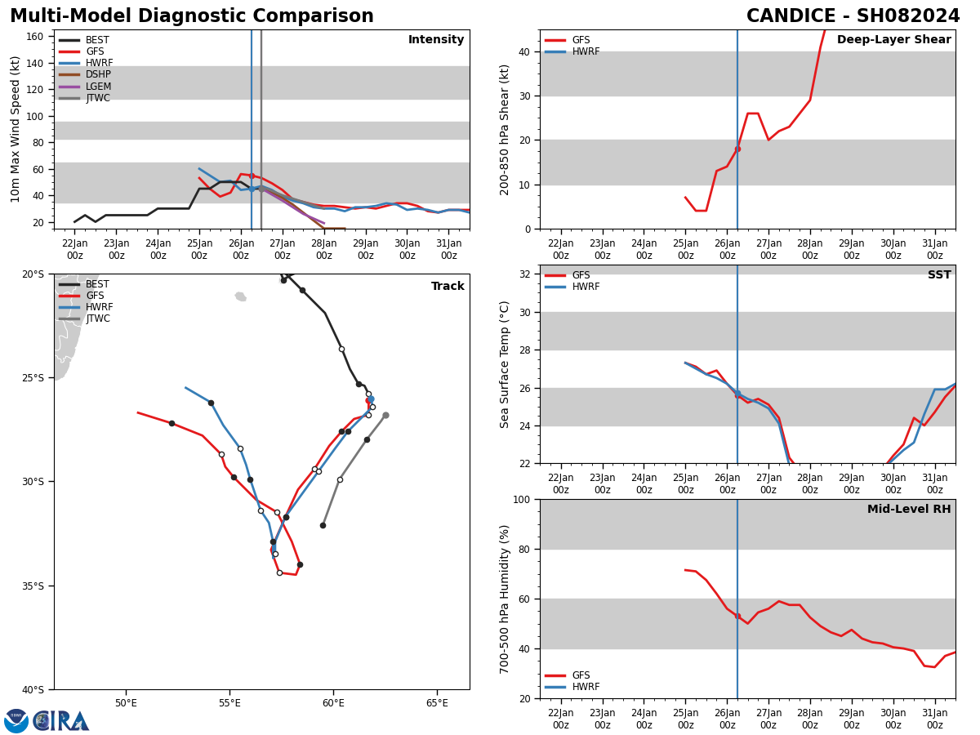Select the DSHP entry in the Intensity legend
tap(98, 75)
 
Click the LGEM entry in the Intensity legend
tap(98, 87)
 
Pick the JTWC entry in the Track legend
tap(98, 319)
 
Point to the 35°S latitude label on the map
tap(33, 586)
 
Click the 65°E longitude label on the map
tap(437, 703)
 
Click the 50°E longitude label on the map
tap(126, 703)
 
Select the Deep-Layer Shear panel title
tap(893, 40)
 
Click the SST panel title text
tap(938, 275)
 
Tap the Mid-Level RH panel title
tap(908, 510)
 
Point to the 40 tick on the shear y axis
tap(523, 51)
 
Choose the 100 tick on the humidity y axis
tap(519, 499)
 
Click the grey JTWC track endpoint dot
tap(385, 415)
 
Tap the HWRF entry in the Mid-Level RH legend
tap(586, 687)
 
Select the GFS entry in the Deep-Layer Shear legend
tap(581, 40)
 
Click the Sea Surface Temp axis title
tap(505, 364)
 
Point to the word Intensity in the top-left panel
tap(436, 40)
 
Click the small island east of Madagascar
tap(240, 296)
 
